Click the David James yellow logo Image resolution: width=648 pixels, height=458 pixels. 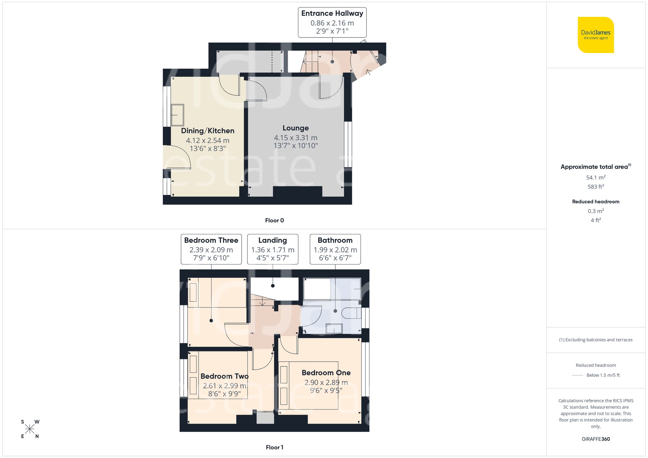[x=596, y=35]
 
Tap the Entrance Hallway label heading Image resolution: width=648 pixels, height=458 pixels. [x=332, y=14]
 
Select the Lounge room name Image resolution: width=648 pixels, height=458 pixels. [x=295, y=128]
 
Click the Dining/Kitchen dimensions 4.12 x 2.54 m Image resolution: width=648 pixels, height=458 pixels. [x=207, y=140]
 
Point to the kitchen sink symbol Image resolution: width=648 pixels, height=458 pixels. [x=177, y=115]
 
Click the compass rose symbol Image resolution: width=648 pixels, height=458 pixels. [x=29, y=429]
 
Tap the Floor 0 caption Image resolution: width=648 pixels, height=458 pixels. [x=274, y=220]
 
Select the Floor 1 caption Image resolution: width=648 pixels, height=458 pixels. [x=274, y=447]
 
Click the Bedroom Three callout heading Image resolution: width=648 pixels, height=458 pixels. [x=211, y=240]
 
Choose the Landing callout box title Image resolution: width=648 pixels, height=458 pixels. [x=272, y=240]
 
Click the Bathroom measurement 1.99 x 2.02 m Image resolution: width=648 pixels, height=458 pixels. [x=335, y=250]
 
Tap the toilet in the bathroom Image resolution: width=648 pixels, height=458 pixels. [x=352, y=313]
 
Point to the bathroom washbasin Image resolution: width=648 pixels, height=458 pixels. [x=334, y=328]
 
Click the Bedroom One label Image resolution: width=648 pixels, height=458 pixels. [x=326, y=373]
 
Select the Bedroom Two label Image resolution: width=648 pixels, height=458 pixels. [x=224, y=376]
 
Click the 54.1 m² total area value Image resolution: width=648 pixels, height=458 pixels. [x=596, y=177]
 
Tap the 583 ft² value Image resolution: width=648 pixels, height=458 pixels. [x=596, y=187]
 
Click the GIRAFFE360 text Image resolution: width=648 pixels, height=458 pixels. [x=596, y=439]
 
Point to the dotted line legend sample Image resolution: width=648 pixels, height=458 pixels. [x=577, y=375]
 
